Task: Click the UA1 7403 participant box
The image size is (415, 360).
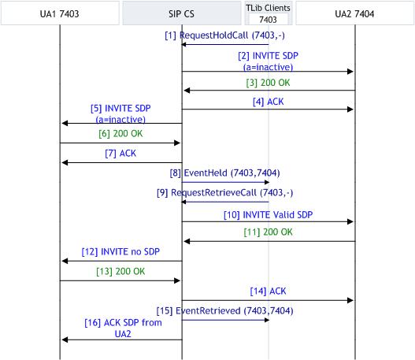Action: tap(60, 13)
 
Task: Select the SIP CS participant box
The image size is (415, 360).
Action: tap(182, 13)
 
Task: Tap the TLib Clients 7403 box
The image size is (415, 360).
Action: tap(268, 13)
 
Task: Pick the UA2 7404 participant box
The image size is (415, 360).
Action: tap(354, 13)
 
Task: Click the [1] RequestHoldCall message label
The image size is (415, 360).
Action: tap(224, 35)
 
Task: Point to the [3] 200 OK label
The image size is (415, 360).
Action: tap(268, 83)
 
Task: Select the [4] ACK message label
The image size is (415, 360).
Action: tap(268, 102)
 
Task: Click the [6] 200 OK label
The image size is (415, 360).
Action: tap(120, 134)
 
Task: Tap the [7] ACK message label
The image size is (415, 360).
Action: tap(120, 154)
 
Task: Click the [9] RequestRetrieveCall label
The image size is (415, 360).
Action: tap(225, 193)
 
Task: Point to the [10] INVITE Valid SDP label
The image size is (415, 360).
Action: tap(268, 215)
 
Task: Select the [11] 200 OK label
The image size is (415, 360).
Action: tap(268, 232)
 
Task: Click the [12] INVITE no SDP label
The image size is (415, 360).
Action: tap(120, 252)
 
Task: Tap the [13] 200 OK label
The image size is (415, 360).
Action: tap(120, 271)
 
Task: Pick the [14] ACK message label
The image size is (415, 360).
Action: tap(268, 291)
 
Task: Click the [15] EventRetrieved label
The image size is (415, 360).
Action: tap(225, 310)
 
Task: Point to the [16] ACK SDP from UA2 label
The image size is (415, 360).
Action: tap(123, 328)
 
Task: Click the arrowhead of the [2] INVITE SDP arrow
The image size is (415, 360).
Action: tap(350, 72)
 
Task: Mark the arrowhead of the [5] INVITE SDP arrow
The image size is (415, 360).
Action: tap(65, 123)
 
